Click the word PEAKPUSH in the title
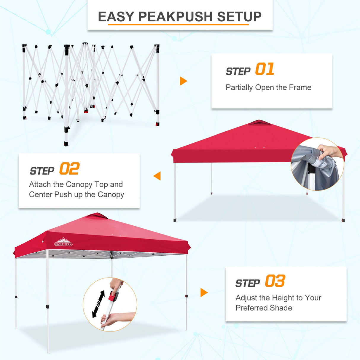(x=175, y=17)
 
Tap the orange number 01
(x=265, y=69)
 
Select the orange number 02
(x=69, y=169)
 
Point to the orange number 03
(x=275, y=281)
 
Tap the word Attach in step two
(x=40, y=184)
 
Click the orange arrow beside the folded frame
(x=183, y=81)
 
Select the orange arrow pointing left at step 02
(x=157, y=176)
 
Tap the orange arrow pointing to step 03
(x=204, y=292)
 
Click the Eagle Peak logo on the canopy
(x=63, y=242)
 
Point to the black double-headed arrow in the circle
(x=98, y=304)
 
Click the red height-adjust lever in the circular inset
(x=113, y=296)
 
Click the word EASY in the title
(x=116, y=17)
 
